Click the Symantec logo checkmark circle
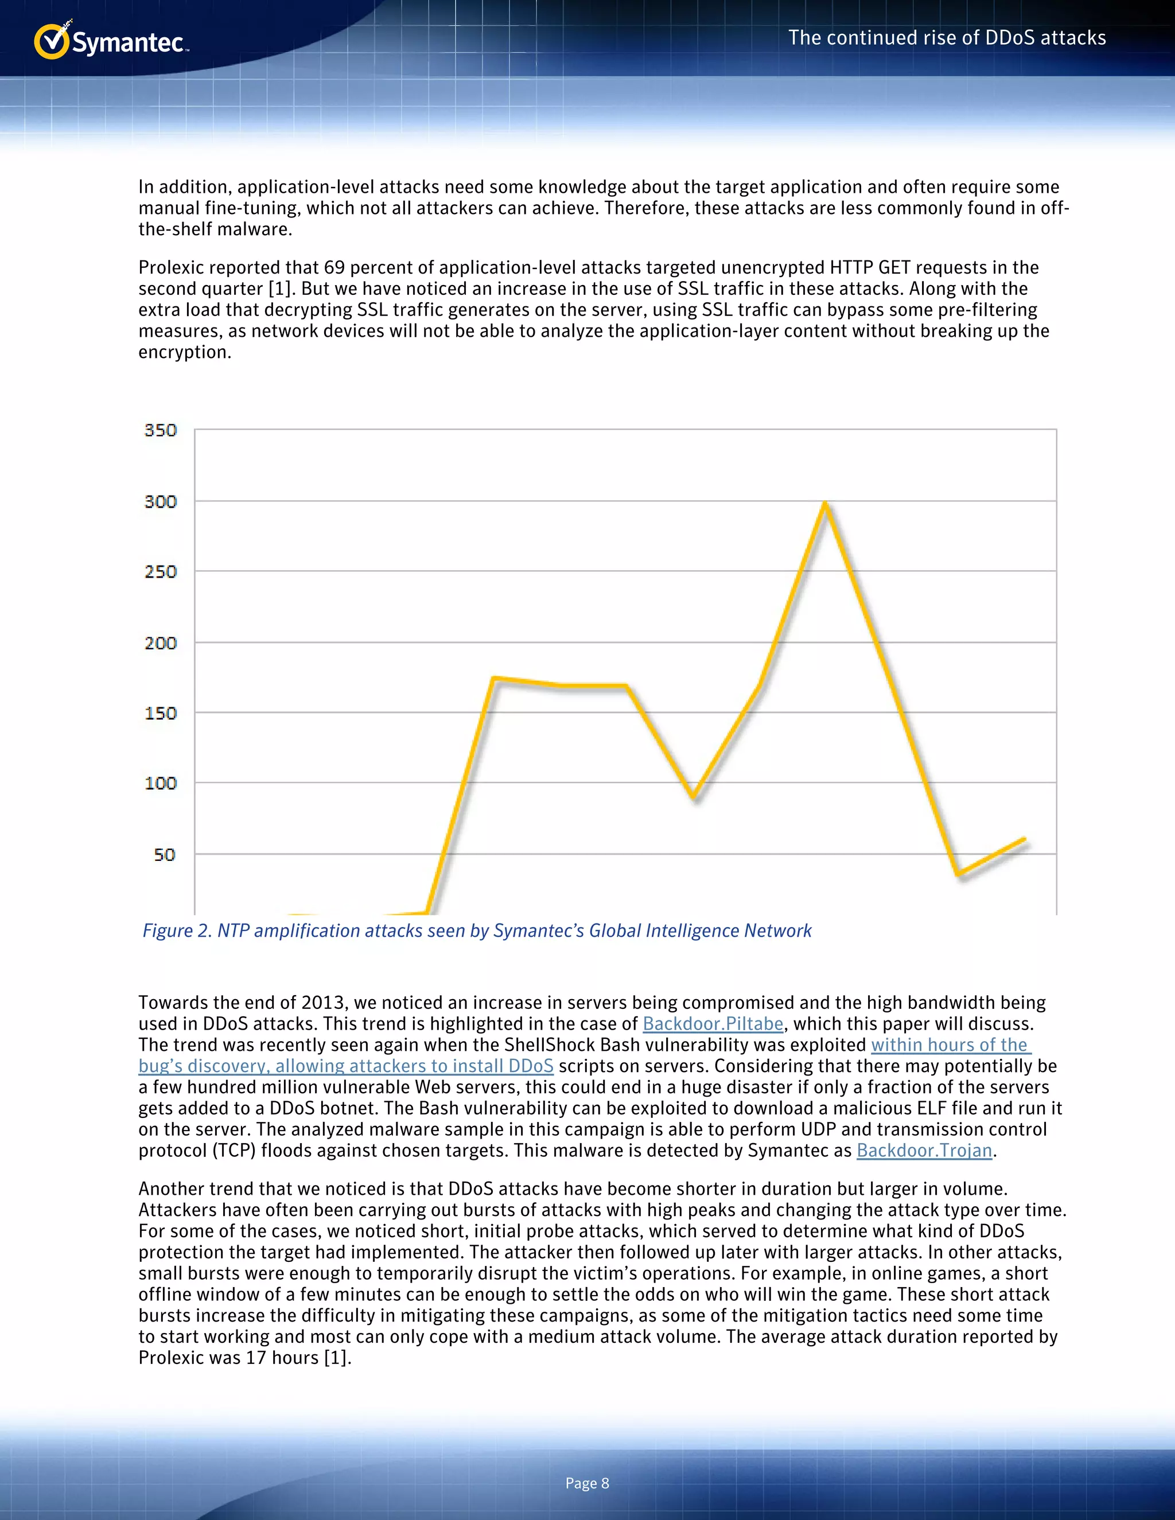[x=52, y=42]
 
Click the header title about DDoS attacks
[x=947, y=38]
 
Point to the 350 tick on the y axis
[x=161, y=430]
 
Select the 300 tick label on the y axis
[x=161, y=502]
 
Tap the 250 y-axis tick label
[x=161, y=572]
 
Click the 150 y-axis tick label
[x=161, y=714]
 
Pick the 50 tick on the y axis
[x=165, y=855]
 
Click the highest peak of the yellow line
[x=825, y=502]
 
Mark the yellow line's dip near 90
[x=693, y=796]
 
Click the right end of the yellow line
[x=1024, y=839]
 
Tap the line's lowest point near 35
[x=959, y=874]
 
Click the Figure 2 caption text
[x=477, y=930]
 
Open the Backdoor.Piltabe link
[x=713, y=1024]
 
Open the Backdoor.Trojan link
[x=924, y=1151]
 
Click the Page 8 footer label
[x=587, y=1483]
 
